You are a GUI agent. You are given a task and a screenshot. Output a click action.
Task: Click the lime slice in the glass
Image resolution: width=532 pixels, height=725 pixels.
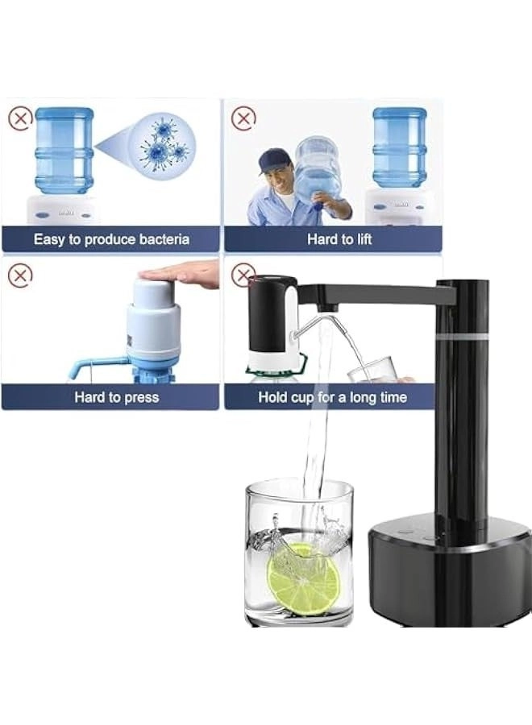click(303, 580)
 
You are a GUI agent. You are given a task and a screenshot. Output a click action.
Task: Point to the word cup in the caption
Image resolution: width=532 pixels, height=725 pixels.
click(302, 398)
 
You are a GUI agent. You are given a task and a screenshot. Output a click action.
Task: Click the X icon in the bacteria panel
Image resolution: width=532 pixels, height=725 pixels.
click(20, 118)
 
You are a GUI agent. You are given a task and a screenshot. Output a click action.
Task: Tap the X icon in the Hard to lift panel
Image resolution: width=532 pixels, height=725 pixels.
click(243, 118)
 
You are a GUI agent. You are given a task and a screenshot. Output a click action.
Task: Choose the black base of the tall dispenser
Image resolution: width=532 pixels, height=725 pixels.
click(450, 578)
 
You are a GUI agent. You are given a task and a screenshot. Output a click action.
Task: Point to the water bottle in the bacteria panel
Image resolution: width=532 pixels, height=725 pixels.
click(64, 151)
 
